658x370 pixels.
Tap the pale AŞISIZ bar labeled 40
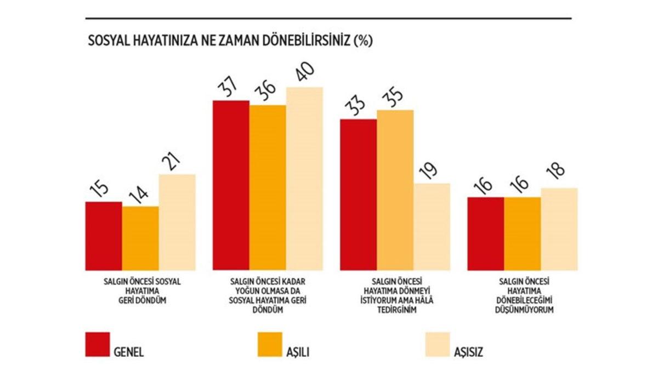point(304,178)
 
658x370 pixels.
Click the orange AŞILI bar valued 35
point(395,190)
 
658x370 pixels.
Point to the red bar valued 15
point(104,236)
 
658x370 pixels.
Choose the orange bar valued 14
point(140,238)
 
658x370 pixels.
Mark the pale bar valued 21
point(177,222)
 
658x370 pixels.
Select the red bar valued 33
point(359,194)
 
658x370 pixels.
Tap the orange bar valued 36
point(268,187)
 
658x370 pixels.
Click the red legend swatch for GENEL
point(98,344)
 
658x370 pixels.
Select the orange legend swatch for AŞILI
point(269,344)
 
